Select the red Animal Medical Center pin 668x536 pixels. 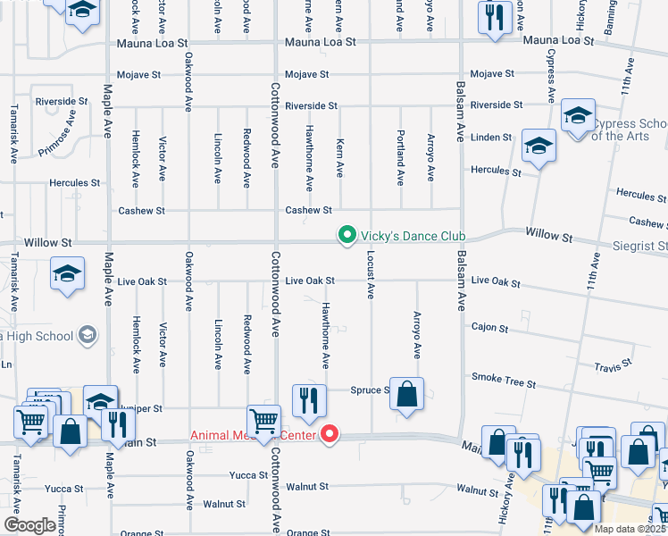click(x=330, y=435)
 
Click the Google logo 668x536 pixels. click(x=29, y=525)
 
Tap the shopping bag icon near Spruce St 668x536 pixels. click(x=406, y=394)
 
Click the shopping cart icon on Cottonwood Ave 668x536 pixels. click(x=263, y=422)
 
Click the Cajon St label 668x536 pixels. click(x=489, y=328)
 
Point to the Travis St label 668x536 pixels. click(x=614, y=365)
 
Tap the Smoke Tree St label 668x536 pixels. click(x=504, y=381)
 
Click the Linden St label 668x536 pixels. click(x=491, y=138)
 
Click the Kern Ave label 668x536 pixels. click(x=339, y=157)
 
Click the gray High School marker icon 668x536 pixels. click(x=88, y=336)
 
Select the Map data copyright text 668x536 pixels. click(x=626, y=529)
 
